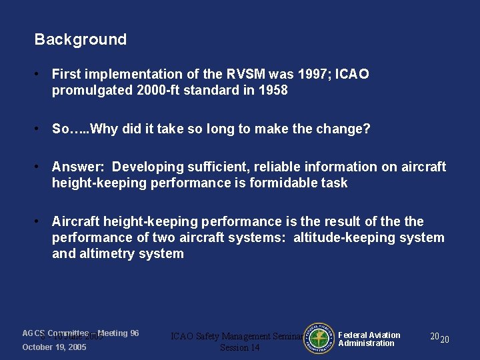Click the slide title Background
click(80, 39)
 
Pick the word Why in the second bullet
click(103, 129)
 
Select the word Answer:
click(78, 167)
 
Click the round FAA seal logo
click(318, 339)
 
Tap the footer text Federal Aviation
click(369, 335)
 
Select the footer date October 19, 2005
click(54, 347)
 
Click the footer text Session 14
click(240, 348)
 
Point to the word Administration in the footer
click(366, 343)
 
